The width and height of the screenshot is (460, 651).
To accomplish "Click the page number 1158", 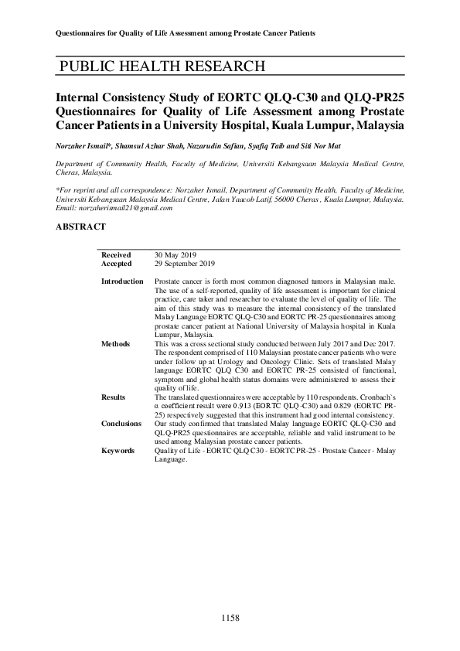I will (230, 618).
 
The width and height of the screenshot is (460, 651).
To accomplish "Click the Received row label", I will (116, 254).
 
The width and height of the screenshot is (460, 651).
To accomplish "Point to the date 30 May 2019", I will (176, 254).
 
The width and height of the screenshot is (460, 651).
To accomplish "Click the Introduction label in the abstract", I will (122, 281).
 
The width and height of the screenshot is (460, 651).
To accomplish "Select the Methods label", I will (115, 343).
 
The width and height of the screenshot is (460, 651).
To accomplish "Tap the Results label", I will (113, 397).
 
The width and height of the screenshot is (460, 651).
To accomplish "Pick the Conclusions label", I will (121, 424).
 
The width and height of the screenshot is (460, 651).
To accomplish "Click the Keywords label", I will (118, 451).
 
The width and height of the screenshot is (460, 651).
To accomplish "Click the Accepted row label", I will (116, 263).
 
